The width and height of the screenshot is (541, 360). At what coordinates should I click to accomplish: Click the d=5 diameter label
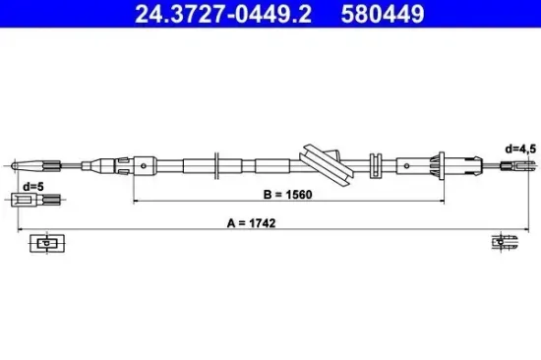tap(31, 186)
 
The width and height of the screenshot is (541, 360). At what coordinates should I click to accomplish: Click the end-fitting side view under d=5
tap(37, 201)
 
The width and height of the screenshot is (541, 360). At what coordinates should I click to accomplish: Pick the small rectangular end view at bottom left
tap(45, 242)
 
